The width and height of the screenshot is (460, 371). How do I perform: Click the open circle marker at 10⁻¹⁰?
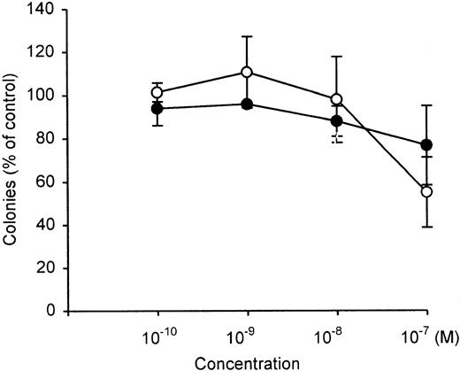157,92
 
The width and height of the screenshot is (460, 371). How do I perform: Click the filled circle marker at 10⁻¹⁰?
157,109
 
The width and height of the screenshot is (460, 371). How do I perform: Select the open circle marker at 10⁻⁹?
247,72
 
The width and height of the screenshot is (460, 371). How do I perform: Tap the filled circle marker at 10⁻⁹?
247,104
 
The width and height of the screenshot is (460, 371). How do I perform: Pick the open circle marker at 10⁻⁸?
336,99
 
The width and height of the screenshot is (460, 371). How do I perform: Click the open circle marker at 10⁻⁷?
426,191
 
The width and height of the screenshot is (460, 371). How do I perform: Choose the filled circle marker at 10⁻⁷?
426,144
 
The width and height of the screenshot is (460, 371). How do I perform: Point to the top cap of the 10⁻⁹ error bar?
247,36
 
